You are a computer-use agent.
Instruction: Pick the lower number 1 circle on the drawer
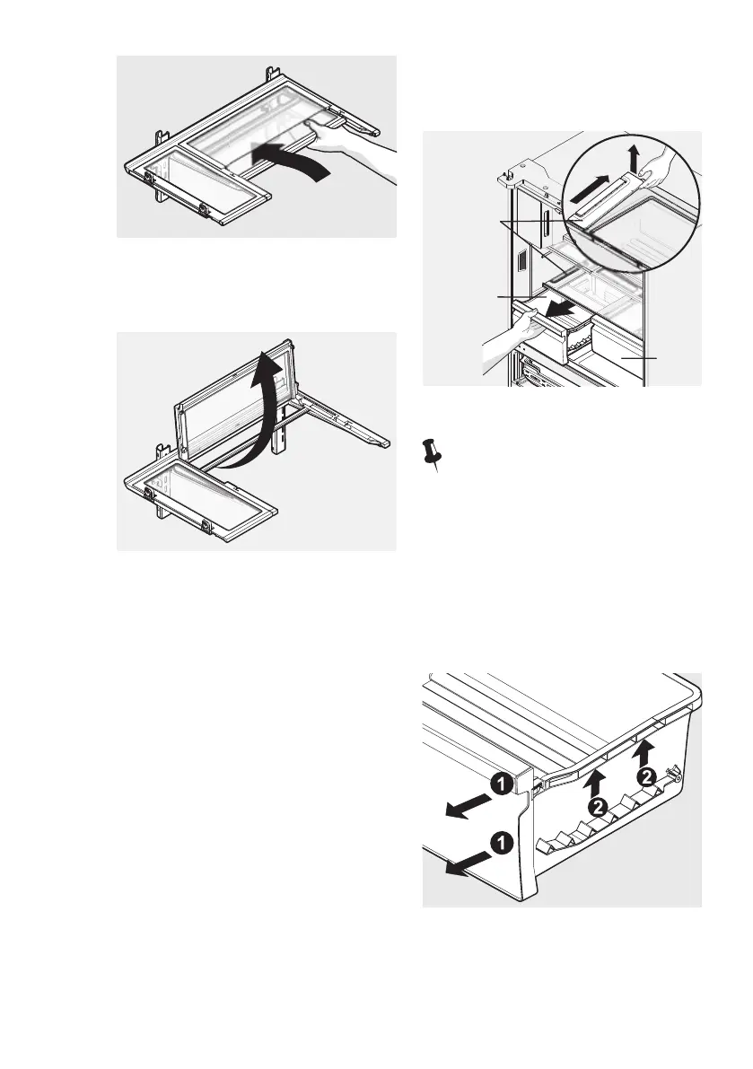(501, 843)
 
